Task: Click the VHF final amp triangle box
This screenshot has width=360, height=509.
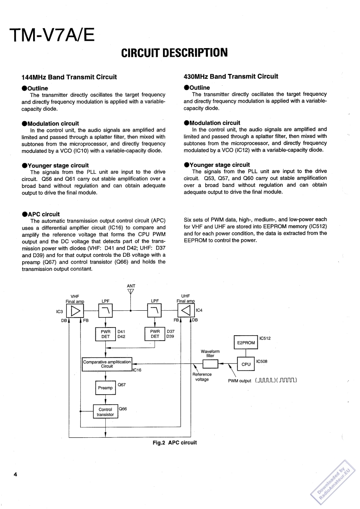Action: pos(76,311)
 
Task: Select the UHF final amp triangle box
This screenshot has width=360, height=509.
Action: pos(185,311)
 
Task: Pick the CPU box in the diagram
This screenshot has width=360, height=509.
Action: pos(246,364)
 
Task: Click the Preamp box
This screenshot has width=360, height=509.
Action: pos(105,388)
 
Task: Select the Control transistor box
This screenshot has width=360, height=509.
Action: pos(105,412)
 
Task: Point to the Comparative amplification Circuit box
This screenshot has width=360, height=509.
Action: pos(107,364)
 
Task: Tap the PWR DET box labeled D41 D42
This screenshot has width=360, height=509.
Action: pos(106,334)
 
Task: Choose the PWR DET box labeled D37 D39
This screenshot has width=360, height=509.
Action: pos(155,334)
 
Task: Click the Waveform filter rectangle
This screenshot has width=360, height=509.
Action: pos(210,364)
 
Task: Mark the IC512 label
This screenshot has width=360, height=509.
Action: pos(265,338)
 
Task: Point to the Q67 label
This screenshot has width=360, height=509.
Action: pos(121,384)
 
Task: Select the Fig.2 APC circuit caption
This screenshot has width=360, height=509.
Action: pos(175,443)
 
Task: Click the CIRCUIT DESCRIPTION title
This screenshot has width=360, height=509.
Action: pos(174,54)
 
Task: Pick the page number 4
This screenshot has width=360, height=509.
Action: pos(15,475)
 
